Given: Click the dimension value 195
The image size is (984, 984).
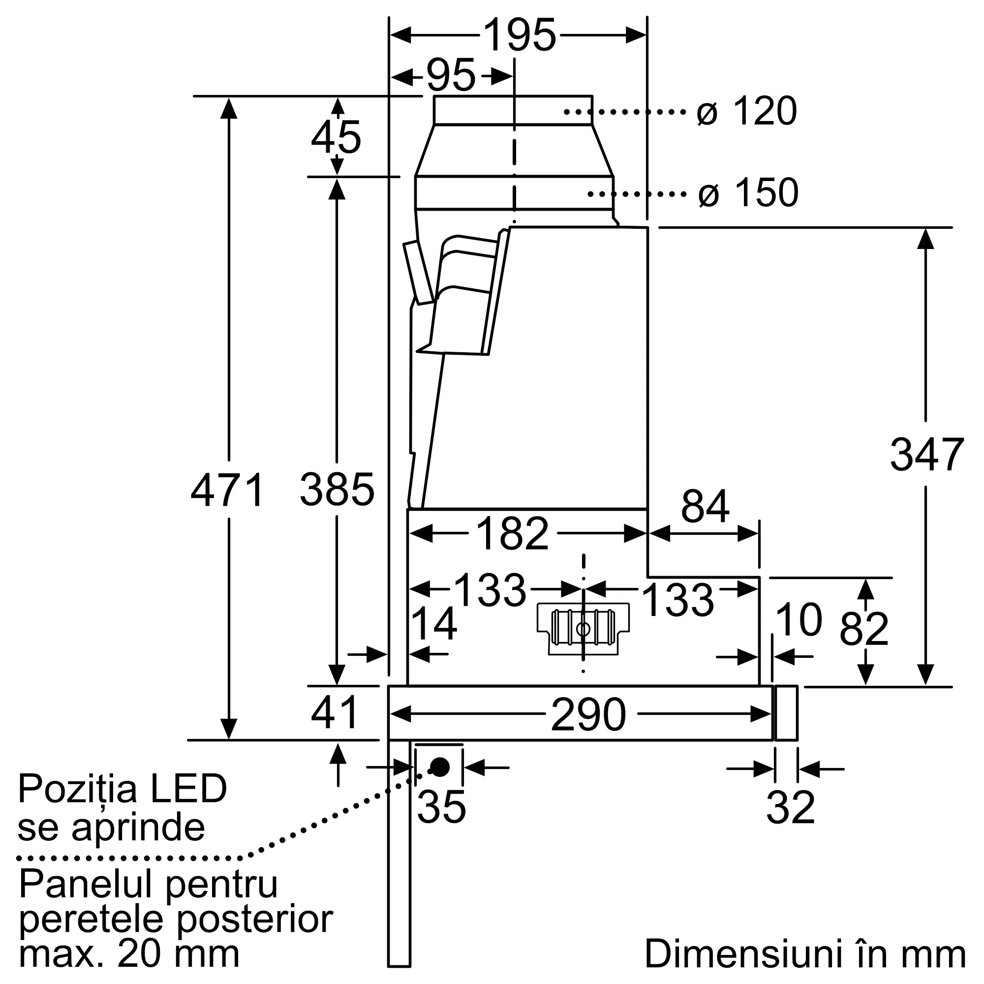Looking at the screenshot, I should click(520, 35).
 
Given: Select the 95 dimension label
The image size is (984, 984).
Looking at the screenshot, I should click(451, 76).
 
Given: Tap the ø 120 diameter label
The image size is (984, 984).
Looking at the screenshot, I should click(746, 111).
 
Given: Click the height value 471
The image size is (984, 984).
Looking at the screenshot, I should click(228, 490).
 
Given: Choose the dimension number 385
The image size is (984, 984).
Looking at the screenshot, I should click(337, 490).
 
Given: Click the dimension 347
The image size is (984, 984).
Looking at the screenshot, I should click(926, 455).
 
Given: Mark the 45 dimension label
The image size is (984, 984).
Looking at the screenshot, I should click(336, 138).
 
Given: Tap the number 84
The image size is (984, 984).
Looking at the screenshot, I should click(705, 507).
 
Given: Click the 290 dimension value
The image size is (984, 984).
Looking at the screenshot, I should click(588, 715).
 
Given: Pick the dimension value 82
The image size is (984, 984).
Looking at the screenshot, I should click(864, 630).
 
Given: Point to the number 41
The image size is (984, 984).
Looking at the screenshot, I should click(335, 713).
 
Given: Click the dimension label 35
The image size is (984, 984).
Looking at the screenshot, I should click(441, 807).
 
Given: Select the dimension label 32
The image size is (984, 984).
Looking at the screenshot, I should click(791, 807).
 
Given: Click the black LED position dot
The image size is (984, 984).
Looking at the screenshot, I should click(440, 767).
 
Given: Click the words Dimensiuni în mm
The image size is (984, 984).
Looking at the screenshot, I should click(805, 953).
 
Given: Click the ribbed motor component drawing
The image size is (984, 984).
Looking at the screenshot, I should click(583, 628).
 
